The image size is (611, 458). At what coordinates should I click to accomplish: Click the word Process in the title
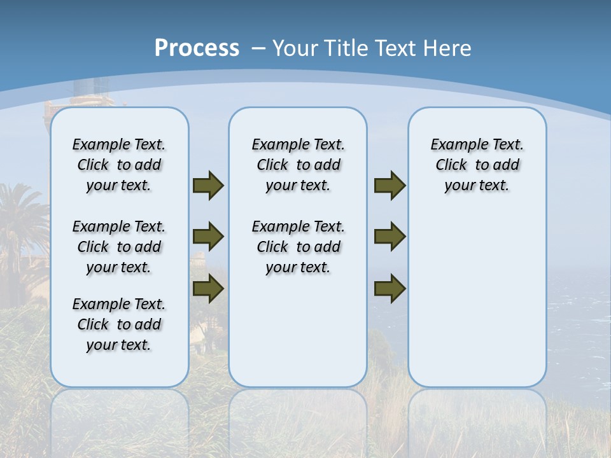197,48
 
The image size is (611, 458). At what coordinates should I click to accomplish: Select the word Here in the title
447,48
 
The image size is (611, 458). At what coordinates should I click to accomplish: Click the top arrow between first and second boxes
208,185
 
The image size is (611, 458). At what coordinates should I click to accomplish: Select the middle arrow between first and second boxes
208,237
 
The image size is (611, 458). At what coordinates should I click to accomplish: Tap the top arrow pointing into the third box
390,185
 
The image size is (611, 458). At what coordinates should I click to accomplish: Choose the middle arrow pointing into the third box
390,237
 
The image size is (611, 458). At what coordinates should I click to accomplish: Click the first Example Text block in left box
119,165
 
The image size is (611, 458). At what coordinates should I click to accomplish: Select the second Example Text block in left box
119,247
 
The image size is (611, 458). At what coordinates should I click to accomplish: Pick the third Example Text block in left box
119,324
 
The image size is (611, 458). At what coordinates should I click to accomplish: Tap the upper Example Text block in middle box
298,165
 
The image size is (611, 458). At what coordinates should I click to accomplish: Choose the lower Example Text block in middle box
298,247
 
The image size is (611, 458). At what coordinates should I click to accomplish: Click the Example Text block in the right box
477,165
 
